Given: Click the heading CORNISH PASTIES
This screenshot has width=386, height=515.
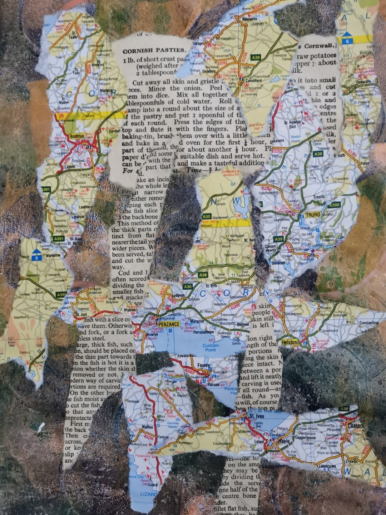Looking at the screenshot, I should click(152, 50).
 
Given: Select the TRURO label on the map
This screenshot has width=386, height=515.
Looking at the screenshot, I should click(313, 215).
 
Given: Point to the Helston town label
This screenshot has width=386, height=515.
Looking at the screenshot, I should click(289, 342).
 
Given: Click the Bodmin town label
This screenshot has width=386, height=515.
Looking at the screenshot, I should click(77, 136).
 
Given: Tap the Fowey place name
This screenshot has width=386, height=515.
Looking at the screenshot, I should click(203, 366).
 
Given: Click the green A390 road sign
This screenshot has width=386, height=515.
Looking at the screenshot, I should click(334, 205).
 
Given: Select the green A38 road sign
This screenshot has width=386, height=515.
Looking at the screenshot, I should click(203, 275).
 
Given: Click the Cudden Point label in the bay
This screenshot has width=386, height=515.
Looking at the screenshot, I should click(210, 348).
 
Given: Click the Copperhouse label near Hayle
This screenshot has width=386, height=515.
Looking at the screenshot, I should click(305, 437).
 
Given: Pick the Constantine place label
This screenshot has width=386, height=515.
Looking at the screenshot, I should click(368, 323).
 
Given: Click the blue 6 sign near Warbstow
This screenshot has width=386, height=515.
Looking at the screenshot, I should click(36, 257).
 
